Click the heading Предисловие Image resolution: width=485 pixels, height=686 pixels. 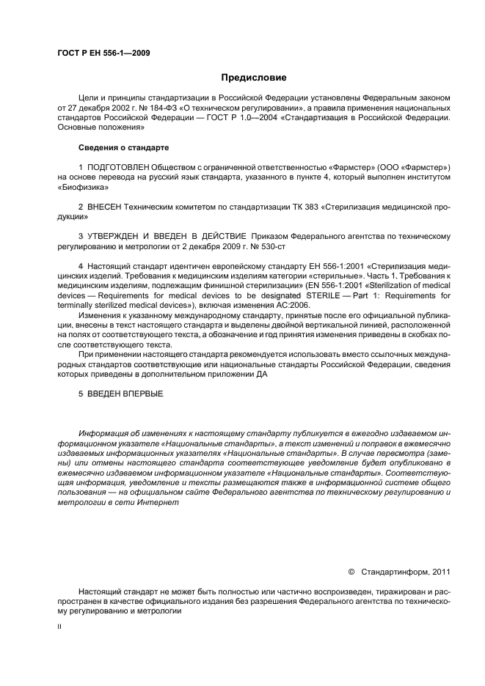[254, 77]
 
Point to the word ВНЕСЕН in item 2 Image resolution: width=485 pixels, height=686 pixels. [104, 207]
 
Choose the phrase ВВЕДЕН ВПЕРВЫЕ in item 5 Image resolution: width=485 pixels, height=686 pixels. [125, 394]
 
